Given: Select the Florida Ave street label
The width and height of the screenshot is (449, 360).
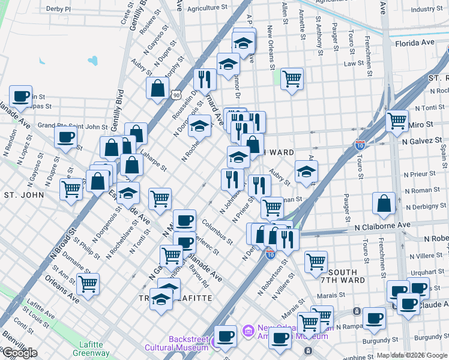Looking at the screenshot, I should click(x=414, y=43).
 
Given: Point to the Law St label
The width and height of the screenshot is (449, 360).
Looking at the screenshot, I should click(x=354, y=63).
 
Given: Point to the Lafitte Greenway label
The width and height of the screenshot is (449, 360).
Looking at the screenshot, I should click(x=91, y=349).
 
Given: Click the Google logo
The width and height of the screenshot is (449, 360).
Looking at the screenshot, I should click(x=20, y=353).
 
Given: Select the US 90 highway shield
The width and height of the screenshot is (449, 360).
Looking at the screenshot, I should click(x=175, y=95).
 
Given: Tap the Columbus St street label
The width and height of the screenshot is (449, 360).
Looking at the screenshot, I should click(x=217, y=233).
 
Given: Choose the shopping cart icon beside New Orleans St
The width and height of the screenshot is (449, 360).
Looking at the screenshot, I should click(x=292, y=78).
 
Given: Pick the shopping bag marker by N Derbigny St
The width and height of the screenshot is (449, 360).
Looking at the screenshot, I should click(x=384, y=203).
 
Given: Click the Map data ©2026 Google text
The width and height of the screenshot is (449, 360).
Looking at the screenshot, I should click(x=412, y=355).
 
